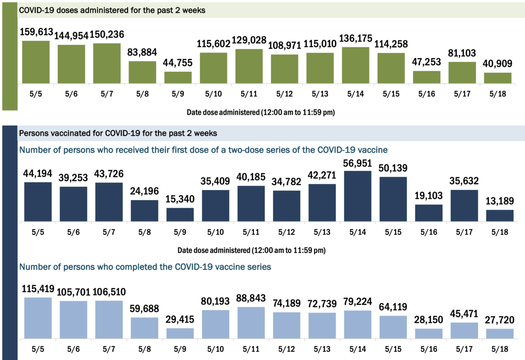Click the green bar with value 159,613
click(36, 62)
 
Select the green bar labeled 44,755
click(178, 78)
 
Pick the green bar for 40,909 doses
click(497, 78)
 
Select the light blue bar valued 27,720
click(499, 334)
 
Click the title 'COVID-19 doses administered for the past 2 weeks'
click(112, 10)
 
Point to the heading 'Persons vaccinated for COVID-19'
click(118, 134)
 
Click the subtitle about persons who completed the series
click(145, 267)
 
